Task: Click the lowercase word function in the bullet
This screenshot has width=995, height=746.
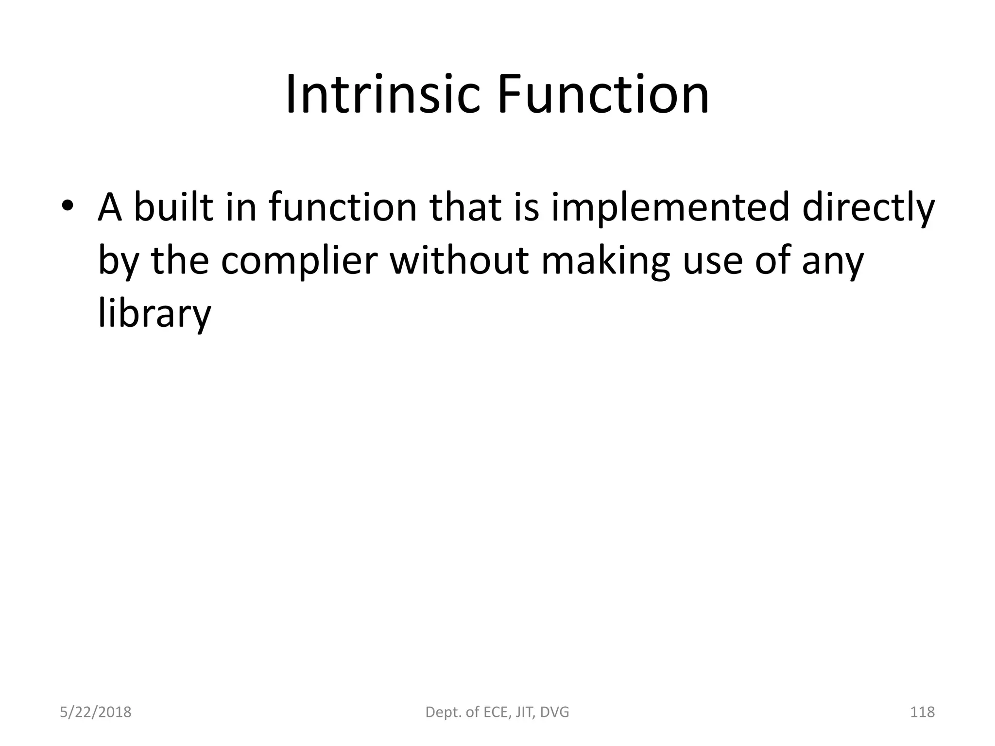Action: tap(343, 207)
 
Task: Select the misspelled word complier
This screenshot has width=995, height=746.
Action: tap(299, 261)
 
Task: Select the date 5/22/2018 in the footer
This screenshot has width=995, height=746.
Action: tap(96, 712)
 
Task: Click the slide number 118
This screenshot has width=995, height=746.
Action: tap(922, 712)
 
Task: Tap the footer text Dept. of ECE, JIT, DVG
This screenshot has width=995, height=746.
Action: tap(497, 712)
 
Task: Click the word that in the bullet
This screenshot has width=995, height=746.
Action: tap(468, 207)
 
